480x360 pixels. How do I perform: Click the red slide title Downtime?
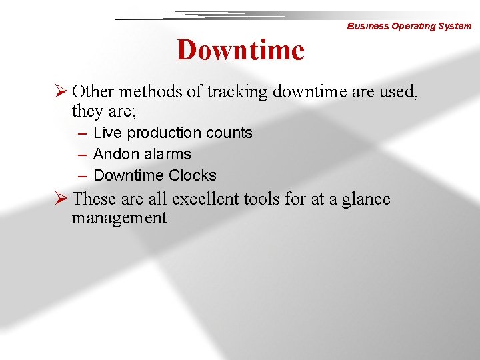(240, 50)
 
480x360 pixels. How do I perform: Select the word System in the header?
(454, 26)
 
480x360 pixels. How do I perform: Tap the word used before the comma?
(398, 91)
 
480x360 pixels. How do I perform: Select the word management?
(119, 218)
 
